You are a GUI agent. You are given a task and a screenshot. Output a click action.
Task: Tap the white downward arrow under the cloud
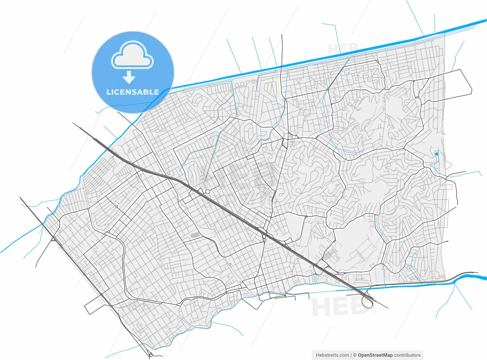[x=129, y=77]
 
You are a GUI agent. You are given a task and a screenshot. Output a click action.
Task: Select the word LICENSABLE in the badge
[x=133, y=92]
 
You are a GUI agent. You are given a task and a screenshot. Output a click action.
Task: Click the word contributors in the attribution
[x=407, y=355]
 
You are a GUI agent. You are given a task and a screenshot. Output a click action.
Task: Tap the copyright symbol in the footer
[x=355, y=355]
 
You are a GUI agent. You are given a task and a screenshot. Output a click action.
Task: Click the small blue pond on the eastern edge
[x=436, y=154]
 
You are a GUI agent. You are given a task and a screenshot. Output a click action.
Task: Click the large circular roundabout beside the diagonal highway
[x=207, y=191]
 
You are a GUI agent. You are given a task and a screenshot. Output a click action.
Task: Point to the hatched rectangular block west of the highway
[x=195, y=236]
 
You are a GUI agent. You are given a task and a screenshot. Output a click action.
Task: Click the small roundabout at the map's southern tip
[x=151, y=355]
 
